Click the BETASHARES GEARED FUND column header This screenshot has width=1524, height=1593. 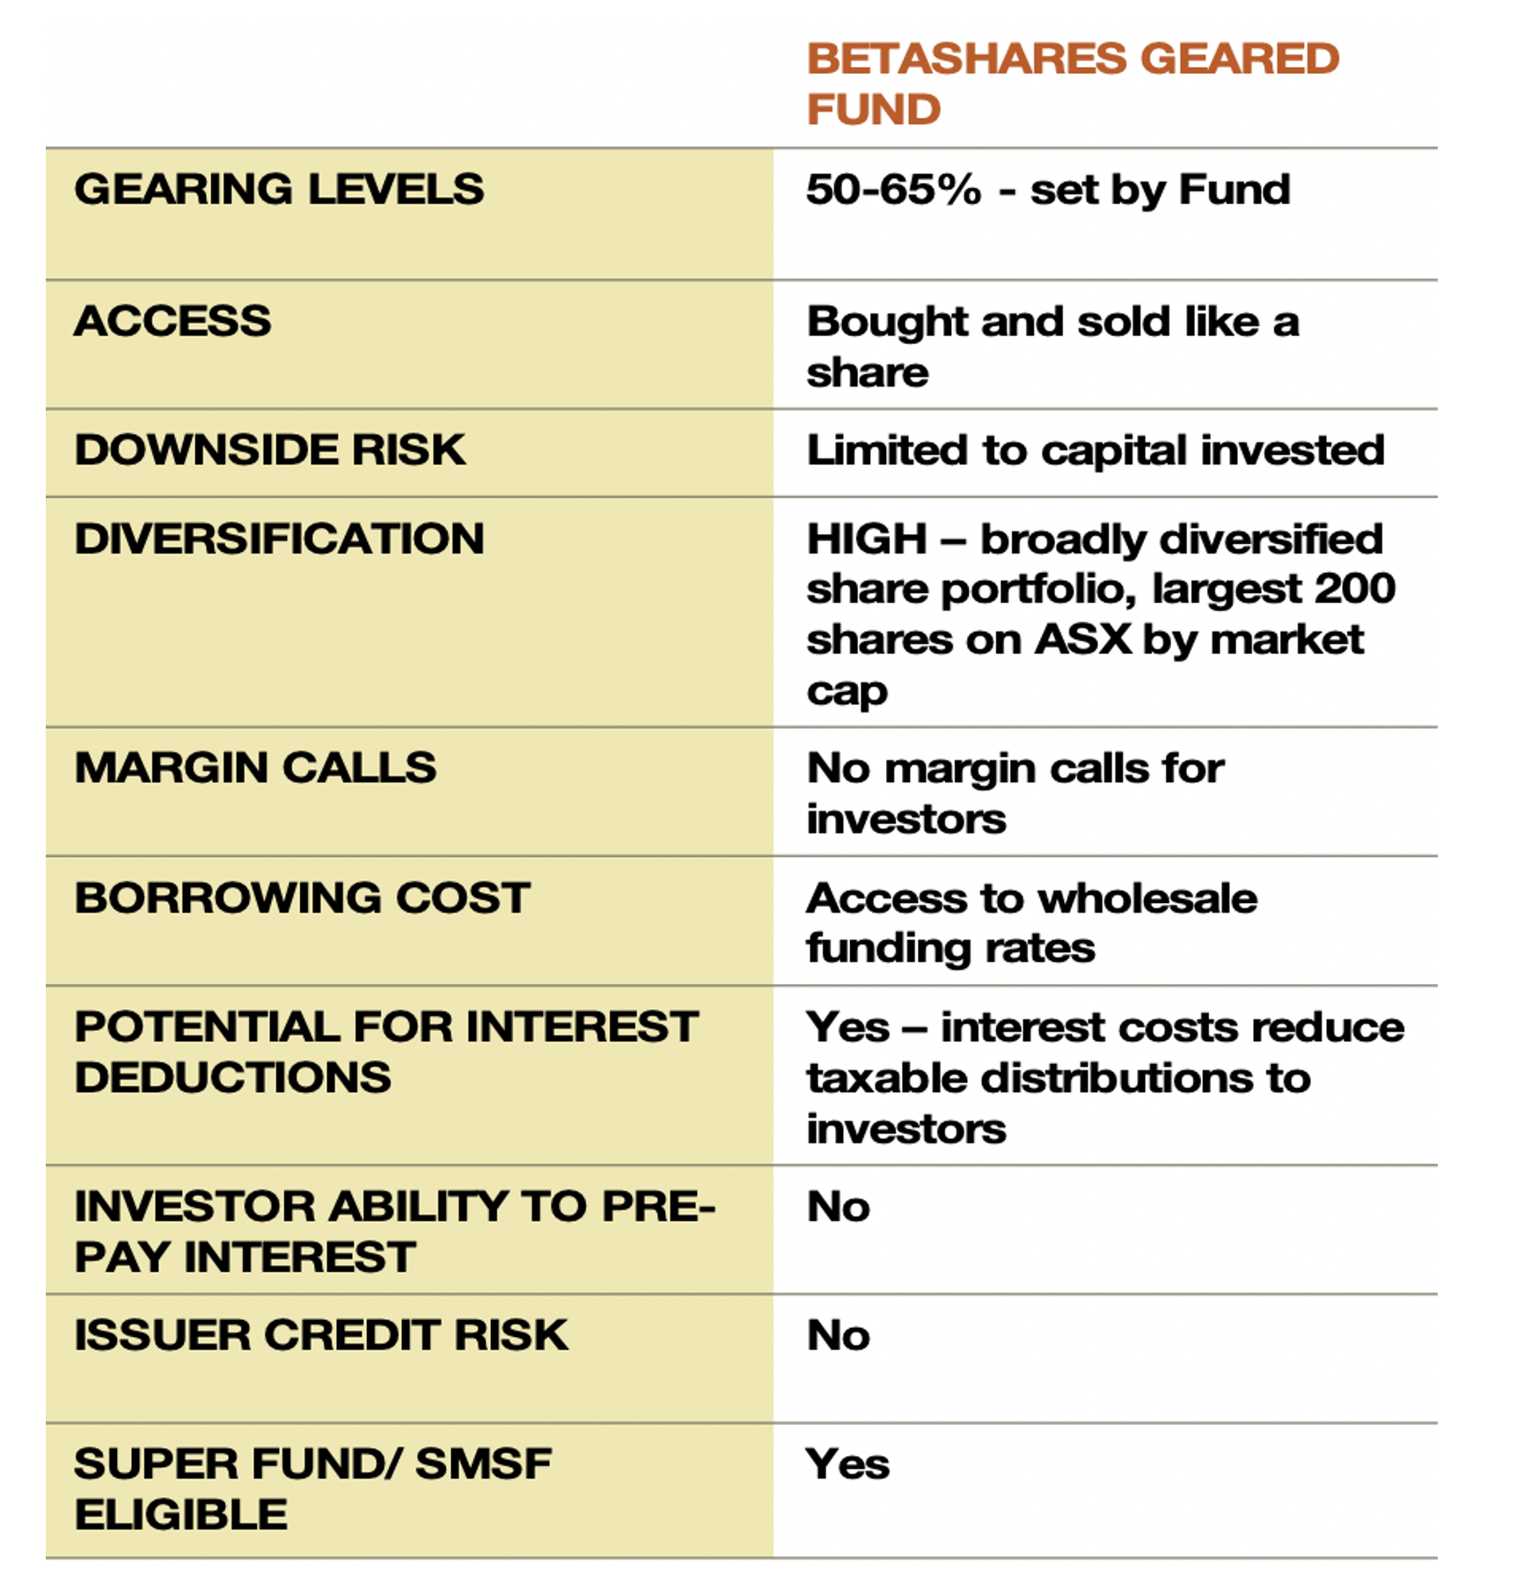click(x=1072, y=84)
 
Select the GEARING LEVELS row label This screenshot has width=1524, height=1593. click(x=279, y=189)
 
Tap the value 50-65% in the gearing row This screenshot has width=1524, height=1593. click(x=893, y=189)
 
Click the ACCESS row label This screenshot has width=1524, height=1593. click(x=173, y=321)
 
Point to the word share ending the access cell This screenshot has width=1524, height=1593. click(x=868, y=372)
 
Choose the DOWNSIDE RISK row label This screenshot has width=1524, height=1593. click(x=270, y=450)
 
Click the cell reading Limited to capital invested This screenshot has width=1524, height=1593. click(x=1095, y=451)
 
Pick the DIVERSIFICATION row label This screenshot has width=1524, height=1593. click(x=279, y=539)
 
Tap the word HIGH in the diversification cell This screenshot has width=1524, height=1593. click(x=867, y=539)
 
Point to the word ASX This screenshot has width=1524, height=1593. click(x=1083, y=640)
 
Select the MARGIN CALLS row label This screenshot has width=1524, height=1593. click(x=255, y=767)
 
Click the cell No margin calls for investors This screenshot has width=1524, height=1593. click(x=1015, y=793)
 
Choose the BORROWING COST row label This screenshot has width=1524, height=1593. click(x=302, y=898)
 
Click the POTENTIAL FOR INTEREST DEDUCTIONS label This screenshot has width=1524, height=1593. click(x=385, y=1052)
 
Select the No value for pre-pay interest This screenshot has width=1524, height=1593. click(x=839, y=1207)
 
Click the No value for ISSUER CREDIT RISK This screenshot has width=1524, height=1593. click(x=839, y=1335)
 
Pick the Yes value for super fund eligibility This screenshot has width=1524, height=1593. click(x=847, y=1465)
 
